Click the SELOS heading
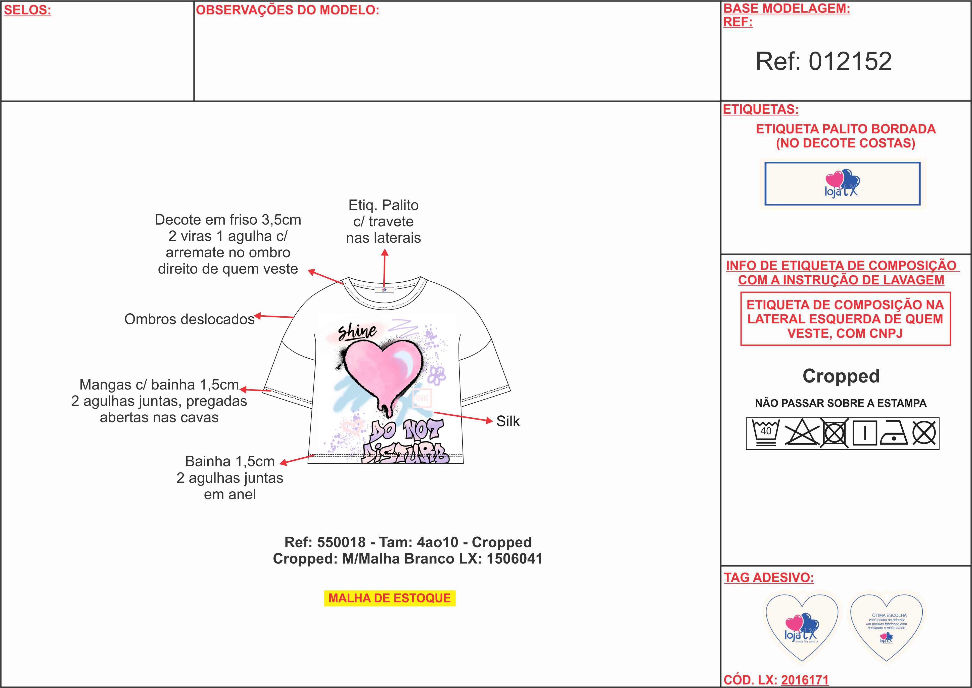click(27, 10)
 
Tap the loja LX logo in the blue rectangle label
click(842, 183)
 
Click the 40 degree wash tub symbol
click(765, 433)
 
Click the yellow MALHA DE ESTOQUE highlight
click(389, 598)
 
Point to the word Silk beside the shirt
click(507, 421)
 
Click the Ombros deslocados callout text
click(189, 319)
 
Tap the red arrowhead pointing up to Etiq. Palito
click(384, 253)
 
